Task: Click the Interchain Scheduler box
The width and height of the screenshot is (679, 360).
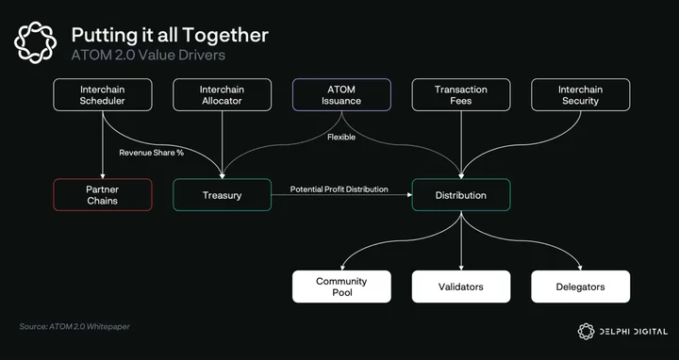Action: pyautogui.click(x=103, y=95)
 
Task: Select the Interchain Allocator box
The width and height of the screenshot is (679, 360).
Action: pyautogui.click(x=223, y=95)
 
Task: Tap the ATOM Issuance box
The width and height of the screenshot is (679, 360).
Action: pyautogui.click(x=341, y=95)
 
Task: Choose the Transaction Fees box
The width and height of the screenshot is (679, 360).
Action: pyautogui.click(x=461, y=95)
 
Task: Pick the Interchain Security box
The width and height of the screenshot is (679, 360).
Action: pyautogui.click(x=581, y=95)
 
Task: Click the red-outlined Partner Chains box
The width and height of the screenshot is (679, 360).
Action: pyautogui.click(x=103, y=195)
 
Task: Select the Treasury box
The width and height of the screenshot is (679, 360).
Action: pyautogui.click(x=223, y=195)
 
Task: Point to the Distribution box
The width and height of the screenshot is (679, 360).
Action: pyautogui.click(x=461, y=195)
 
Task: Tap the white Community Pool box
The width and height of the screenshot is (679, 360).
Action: pyautogui.click(x=341, y=286)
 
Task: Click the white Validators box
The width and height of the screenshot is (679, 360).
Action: pyautogui.click(x=461, y=286)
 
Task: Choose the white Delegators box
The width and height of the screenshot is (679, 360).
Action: pyautogui.click(x=581, y=286)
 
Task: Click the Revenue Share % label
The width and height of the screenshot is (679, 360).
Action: pyautogui.click(x=152, y=153)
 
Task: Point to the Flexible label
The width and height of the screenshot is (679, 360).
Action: pyautogui.click(x=341, y=138)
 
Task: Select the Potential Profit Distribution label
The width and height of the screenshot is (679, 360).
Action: pyautogui.click(x=339, y=189)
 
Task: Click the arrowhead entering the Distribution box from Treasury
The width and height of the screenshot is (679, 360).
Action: pyautogui.click(x=409, y=195)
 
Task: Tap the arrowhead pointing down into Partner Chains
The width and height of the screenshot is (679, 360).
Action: pyautogui.click(x=103, y=175)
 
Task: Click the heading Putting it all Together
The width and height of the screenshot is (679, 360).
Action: pyautogui.click(x=170, y=35)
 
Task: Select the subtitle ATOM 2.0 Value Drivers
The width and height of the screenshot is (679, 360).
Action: pyautogui.click(x=148, y=55)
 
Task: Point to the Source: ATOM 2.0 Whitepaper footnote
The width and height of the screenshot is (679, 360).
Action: pyautogui.click(x=75, y=326)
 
